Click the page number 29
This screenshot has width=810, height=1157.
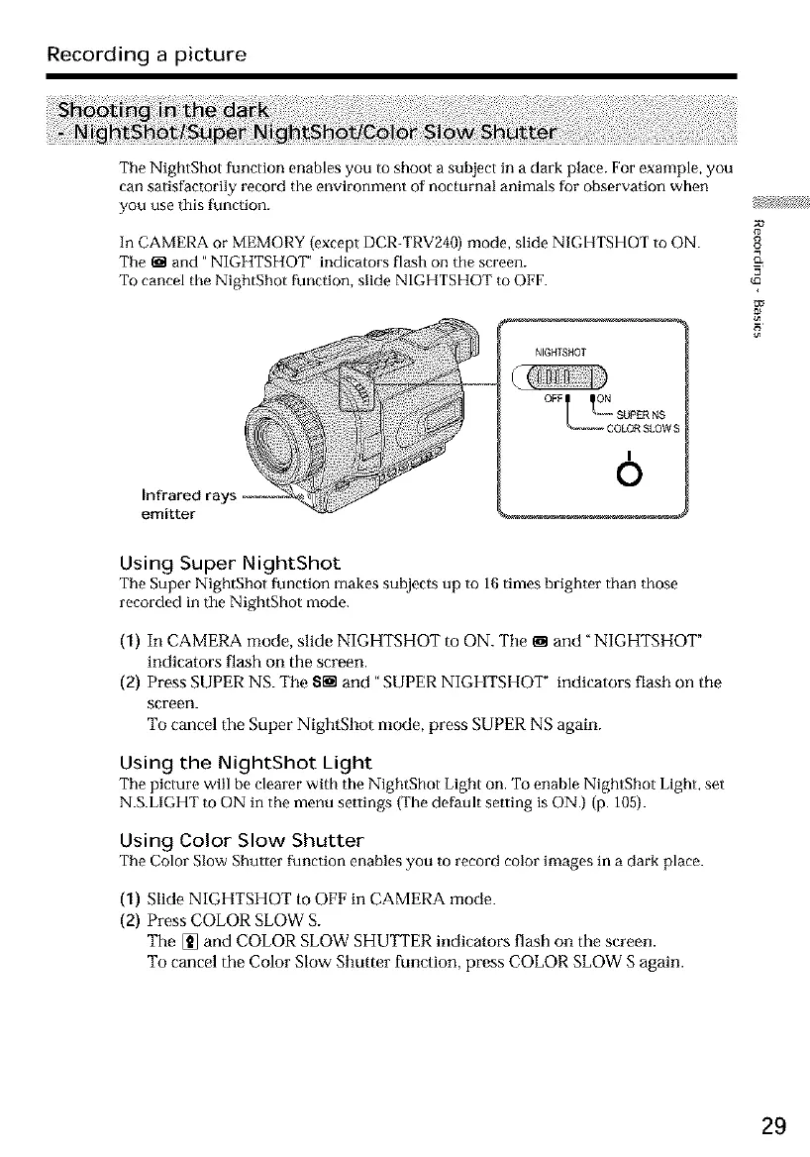tap(774, 1126)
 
